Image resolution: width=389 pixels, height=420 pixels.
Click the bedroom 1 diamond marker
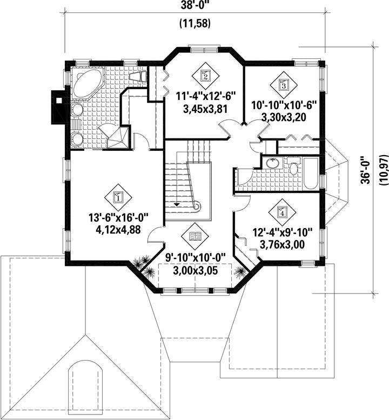click(118, 198)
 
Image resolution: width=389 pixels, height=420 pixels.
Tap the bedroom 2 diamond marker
click(205, 77)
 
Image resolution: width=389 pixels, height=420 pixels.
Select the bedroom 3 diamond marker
click(283, 85)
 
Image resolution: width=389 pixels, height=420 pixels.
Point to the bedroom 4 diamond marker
click(282, 212)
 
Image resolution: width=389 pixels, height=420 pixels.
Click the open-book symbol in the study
click(195, 237)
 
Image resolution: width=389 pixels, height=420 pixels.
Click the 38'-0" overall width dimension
click(195, 5)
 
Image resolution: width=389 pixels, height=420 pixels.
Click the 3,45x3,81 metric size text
click(205, 109)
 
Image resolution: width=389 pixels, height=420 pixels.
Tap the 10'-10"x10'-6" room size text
click(284, 105)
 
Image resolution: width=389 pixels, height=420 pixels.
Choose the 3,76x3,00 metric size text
click(282, 244)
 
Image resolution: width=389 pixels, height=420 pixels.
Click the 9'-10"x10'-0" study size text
click(195, 258)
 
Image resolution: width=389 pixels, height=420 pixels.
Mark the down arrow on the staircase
click(177, 205)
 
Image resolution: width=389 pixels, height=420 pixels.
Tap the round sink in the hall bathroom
click(272, 163)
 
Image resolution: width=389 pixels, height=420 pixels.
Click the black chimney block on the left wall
click(58, 107)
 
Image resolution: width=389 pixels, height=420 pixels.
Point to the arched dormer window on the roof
click(86, 387)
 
